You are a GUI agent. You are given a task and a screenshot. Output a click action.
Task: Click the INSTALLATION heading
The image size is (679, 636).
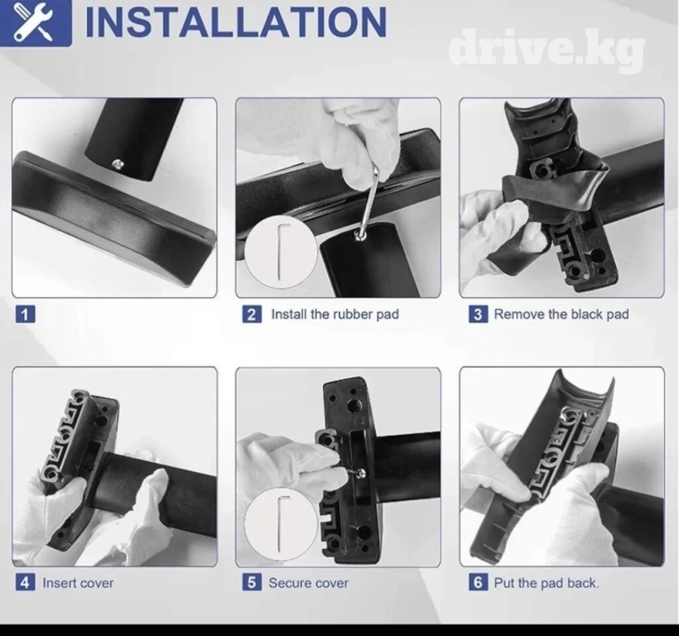(x=236, y=22)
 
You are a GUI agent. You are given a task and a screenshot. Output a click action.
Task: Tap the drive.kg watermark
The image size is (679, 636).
(x=547, y=49)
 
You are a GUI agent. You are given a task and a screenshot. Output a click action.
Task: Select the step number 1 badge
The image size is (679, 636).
(x=25, y=314)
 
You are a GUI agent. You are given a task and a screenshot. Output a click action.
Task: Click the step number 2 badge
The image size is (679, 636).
(x=252, y=314)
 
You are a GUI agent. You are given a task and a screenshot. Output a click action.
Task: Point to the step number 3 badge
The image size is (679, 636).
(x=478, y=314)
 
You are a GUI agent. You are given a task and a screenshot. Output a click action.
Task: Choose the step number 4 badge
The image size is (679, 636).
(x=25, y=582)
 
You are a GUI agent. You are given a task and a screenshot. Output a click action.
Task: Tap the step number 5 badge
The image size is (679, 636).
(x=252, y=582)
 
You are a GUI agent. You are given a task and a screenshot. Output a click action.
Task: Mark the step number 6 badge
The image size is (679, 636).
(x=478, y=582)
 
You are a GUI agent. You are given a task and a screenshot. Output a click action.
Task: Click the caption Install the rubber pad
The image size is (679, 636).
(x=335, y=314)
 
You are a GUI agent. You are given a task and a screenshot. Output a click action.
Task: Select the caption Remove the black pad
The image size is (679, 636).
(x=561, y=314)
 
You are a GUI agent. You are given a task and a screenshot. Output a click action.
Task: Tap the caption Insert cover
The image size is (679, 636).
(x=78, y=583)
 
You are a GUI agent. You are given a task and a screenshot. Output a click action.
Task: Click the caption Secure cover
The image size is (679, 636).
(x=308, y=583)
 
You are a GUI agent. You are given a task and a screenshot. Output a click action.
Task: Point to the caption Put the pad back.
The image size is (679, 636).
(x=547, y=583)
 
